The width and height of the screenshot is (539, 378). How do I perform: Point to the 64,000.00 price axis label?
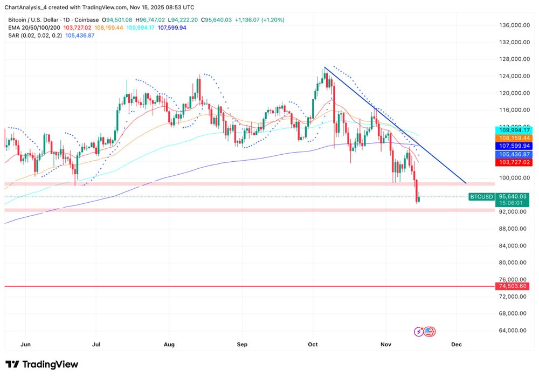(513, 331)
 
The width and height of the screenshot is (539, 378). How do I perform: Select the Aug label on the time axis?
(169, 343)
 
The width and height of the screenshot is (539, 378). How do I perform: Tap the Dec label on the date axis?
(457, 343)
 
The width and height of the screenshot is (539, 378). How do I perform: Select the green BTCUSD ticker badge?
(481, 196)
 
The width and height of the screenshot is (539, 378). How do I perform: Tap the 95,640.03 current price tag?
(513, 196)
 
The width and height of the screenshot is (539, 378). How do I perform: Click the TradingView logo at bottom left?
(42, 365)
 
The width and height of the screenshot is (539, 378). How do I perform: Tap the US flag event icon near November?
(430, 332)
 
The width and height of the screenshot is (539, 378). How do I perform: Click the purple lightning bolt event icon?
(419, 332)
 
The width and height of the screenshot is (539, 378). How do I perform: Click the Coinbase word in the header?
(86, 20)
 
